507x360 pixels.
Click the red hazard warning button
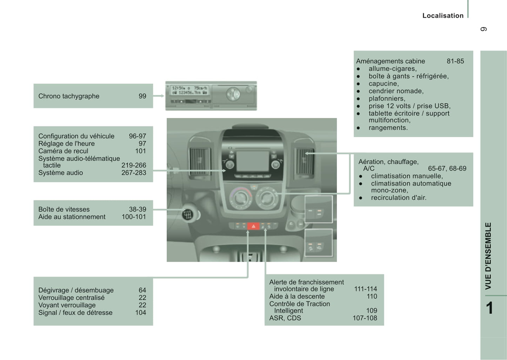coord(253,226)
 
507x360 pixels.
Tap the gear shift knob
coord(188,214)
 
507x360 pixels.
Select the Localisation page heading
coord(443,15)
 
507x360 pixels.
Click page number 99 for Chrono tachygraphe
coord(142,96)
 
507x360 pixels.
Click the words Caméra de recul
coord(63,151)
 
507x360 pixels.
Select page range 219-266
coord(134,165)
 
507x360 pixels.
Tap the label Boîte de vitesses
coord(64,209)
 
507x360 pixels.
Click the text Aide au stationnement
coord(72,217)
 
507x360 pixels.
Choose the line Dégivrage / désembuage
coord(76,290)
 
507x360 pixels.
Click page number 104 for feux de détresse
coord(140,313)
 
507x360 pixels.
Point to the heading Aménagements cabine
coord(391,61)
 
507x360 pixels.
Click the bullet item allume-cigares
coord(392,69)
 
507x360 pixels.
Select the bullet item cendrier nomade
coord(396,91)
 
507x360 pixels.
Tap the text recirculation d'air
coord(399,198)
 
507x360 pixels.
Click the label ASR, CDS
coord(285,318)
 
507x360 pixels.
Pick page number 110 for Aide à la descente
coord(372,296)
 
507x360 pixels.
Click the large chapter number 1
coord(489,308)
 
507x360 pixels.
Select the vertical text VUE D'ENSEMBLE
coord(488,256)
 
